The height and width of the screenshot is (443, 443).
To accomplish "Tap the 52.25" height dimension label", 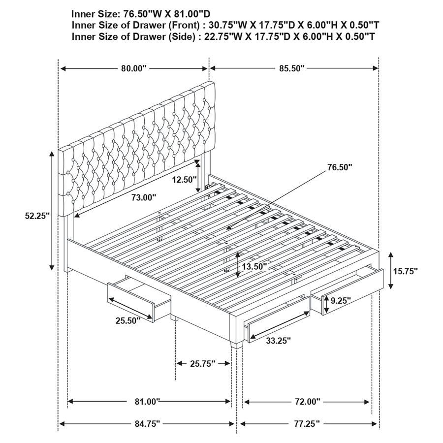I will tap(38, 216).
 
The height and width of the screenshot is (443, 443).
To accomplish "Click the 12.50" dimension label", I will tap(184, 180).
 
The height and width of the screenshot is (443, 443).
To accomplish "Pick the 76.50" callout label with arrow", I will tap(340, 167).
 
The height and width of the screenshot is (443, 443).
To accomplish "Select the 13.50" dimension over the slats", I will tap(253, 266).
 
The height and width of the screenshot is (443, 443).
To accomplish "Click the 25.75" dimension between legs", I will tap(203, 364).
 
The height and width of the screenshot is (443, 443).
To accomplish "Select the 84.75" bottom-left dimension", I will tap(147, 423).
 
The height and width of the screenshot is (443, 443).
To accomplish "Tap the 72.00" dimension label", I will tap(307, 402).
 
